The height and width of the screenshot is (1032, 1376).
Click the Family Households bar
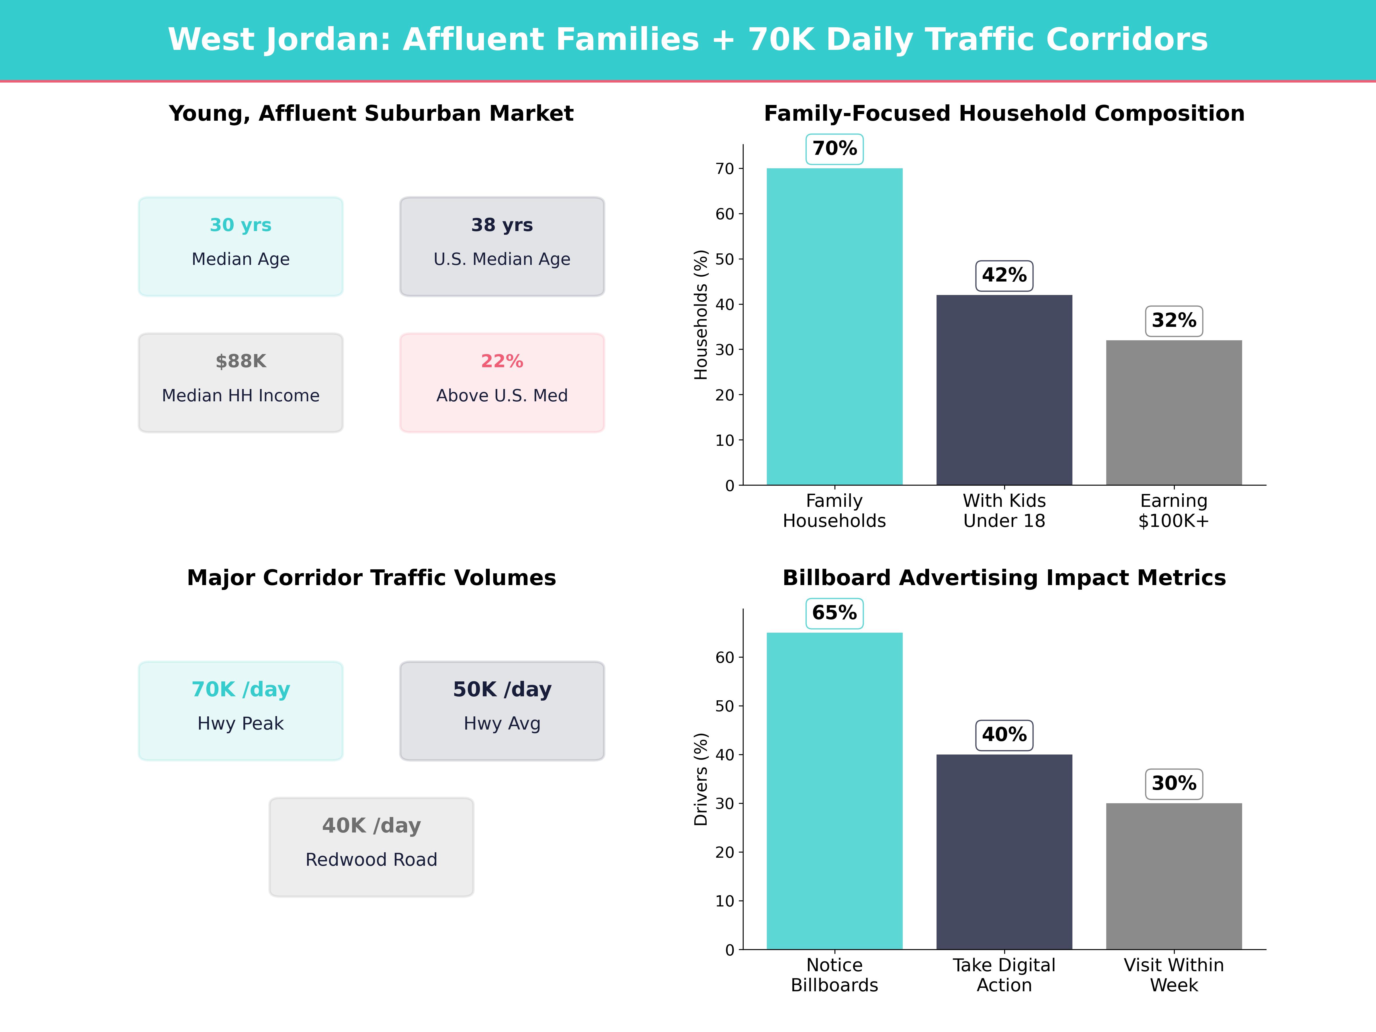(x=834, y=327)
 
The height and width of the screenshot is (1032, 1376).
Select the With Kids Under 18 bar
(x=1004, y=390)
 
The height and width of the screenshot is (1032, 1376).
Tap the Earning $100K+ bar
(x=1174, y=413)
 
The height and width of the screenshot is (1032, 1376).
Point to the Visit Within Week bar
(x=1174, y=876)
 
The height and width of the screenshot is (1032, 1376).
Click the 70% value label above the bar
(x=834, y=149)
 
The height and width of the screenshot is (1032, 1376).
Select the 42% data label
(x=1004, y=275)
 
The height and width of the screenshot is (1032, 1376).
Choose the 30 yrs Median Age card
(x=241, y=246)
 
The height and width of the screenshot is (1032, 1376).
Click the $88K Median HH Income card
(x=241, y=383)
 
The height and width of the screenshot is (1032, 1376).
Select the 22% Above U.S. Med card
(x=502, y=383)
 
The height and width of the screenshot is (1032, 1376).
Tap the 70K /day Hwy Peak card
(x=241, y=710)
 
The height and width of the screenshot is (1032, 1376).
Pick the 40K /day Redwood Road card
(x=371, y=847)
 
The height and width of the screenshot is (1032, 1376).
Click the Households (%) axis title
(x=701, y=315)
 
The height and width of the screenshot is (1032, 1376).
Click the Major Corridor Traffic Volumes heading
(x=371, y=578)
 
